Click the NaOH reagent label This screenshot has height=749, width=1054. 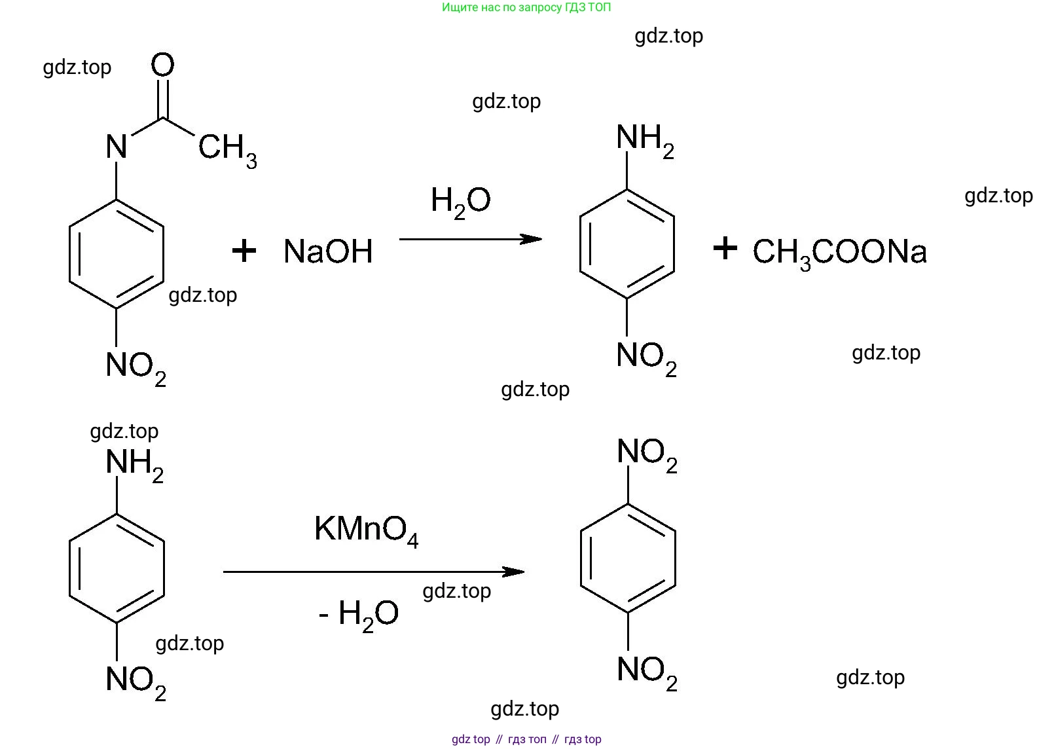[x=328, y=251]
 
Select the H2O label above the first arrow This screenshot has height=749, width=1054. [x=460, y=201]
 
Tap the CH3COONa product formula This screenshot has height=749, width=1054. [x=839, y=253]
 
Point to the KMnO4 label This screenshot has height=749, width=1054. [x=366, y=530]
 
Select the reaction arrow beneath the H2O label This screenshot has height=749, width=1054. [x=470, y=239]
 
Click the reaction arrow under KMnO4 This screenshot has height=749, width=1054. [x=373, y=572]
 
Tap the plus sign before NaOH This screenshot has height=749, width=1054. [x=244, y=251]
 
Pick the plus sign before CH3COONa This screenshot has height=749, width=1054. [x=725, y=248]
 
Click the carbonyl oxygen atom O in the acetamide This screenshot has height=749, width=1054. [x=162, y=65]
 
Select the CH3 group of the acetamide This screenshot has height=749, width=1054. [x=227, y=149]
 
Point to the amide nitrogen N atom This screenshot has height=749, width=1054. [x=117, y=147]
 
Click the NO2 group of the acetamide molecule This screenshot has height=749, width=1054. [x=136, y=367]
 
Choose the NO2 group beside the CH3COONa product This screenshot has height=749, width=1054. [x=646, y=357]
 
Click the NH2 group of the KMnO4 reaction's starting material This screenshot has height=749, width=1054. [x=134, y=464]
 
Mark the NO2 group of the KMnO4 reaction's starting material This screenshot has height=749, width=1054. [x=136, y=682]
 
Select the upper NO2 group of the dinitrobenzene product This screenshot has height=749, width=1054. [x=647, y=454]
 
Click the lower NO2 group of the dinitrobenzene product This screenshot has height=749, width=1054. [x=647, y=672]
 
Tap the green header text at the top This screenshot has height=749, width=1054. [x=526, y=8]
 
